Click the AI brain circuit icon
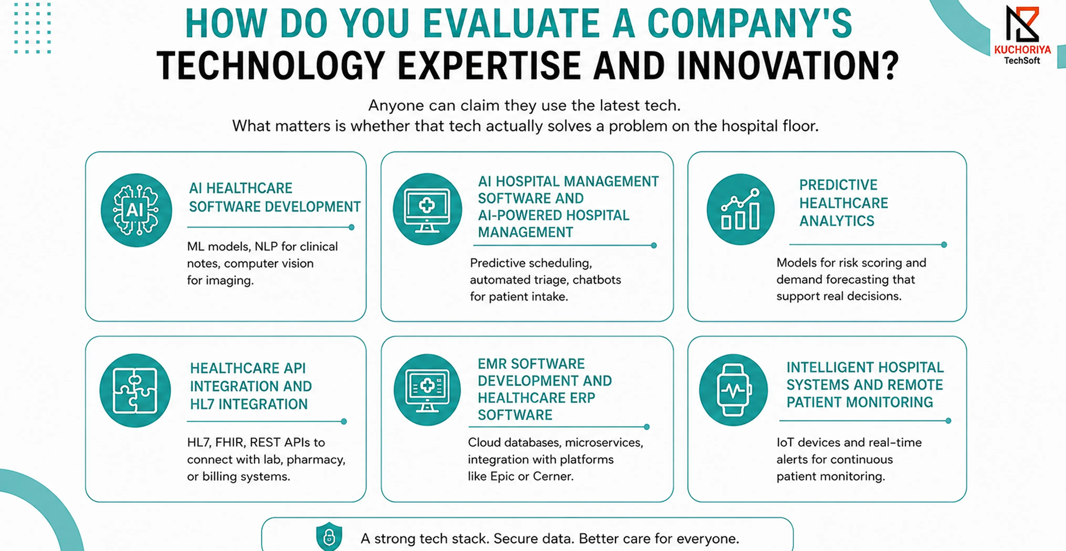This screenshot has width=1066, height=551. [x=136, y=210]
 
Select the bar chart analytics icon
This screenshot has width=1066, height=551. [x=740, y=209]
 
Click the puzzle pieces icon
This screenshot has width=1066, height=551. [x=135, y=390]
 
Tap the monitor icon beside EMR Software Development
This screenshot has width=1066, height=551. [x=427, y=390]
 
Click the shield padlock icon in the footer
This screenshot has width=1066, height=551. [x=329, y=537]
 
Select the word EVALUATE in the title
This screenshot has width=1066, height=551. [x=511, y=24]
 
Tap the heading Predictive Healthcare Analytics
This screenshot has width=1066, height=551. [x=843, y=203]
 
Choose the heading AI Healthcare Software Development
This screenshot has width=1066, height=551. [x=274, y=197]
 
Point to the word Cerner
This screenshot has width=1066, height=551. [x=553, y=476]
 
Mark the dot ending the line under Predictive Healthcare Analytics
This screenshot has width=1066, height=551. [x=944, y=245]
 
